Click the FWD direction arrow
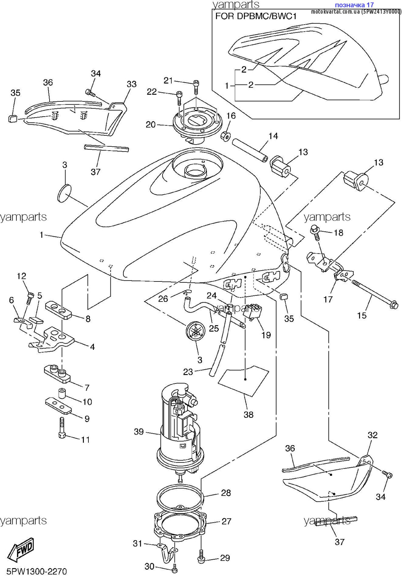point(21,550)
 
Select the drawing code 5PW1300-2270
point(37,572)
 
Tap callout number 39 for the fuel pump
point(139,432)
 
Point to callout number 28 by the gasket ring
point(226,493)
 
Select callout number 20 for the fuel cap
point(151,124)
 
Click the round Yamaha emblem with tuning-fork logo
point(196,331)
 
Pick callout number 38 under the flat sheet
point(248,415)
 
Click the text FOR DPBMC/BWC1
point(256,16)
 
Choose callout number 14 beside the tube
point(273,136)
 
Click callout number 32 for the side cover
point(372,435)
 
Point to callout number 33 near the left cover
point(131,84)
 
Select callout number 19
point(266,335)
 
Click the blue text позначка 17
point(354,5)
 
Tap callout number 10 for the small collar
point(87,402)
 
